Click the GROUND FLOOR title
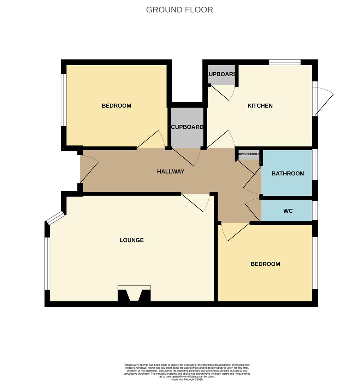click(x=179, y=10)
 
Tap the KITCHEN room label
click(x=260, y=106)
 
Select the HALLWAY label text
click(x=171, y=172)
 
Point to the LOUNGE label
click(x=131, y=240)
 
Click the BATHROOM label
click(x=288, y=174)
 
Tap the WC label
click(x=288, y=211)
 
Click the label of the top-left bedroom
click(x=116, y=106)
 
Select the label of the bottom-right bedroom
click(x=265, y=264)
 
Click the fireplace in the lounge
click(x=134, y=294)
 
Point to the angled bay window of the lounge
click(x=55, y=218)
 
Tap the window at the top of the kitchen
click(x=285, y=62)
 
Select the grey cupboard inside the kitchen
click(x=221, y=75)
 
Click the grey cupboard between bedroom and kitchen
click(x=187, y=127)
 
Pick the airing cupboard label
click(x=249, y=155)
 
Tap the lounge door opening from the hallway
click(x=196, y=202)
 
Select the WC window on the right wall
click(x=315, y=211)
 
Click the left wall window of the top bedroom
click(x=64, y=99)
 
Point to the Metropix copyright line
click(x=187, y=379)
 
